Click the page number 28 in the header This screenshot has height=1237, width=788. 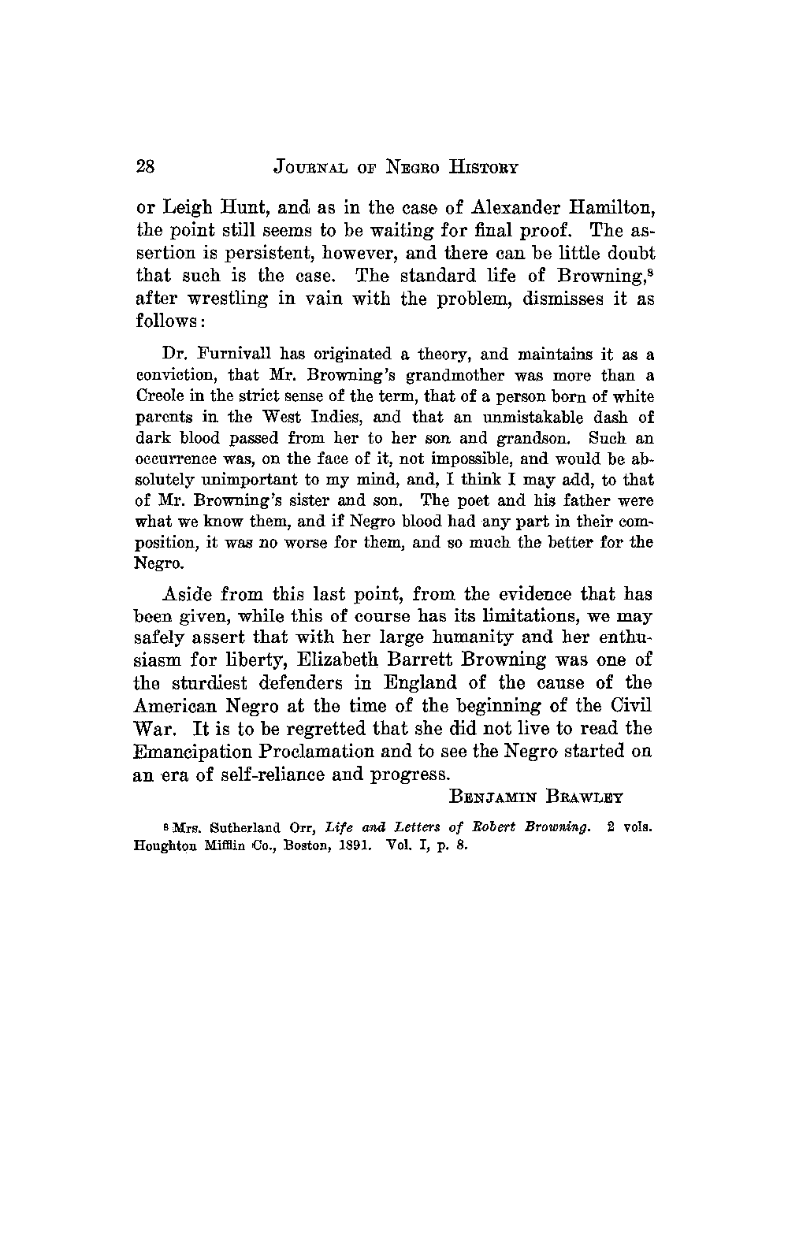pyautogui.click(x=145, y=167)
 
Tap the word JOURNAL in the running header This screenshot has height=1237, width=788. pyautogui.click(x=314, y=168)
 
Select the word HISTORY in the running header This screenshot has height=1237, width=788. pyautogui.click(x=484, y=168)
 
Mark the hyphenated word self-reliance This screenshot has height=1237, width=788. pyautogui.click(x=259, y=774)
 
